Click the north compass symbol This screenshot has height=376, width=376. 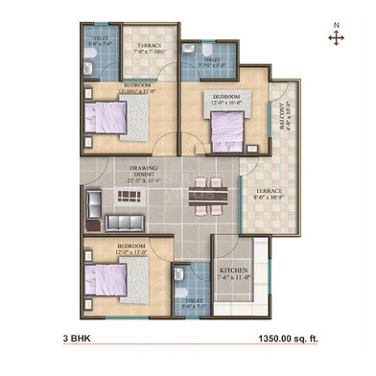[x=336, y=36]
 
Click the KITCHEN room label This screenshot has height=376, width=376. [x=234, y=271]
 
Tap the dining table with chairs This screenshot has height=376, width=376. [x=200, y=196]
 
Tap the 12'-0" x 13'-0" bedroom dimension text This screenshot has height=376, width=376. [x=129, y=252]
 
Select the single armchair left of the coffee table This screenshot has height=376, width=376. [x=95, y=201]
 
